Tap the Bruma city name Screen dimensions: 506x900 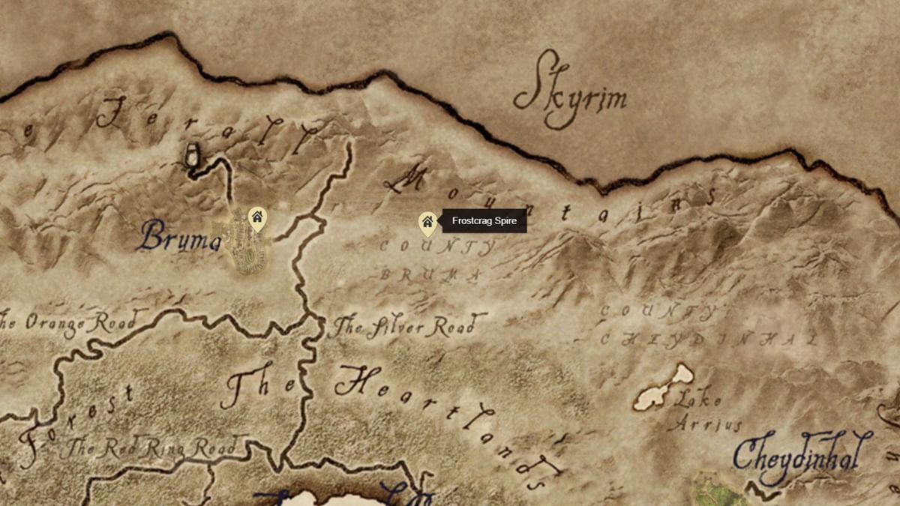pos(178,238)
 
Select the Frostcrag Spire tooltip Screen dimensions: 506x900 pos(484,221)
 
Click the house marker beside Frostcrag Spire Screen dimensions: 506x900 pos(427,222)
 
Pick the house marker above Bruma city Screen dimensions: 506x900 pos(257,218)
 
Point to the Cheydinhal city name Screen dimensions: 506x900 pos(802,454)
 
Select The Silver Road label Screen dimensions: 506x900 pos(403,328)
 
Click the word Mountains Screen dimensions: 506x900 pos(547,196)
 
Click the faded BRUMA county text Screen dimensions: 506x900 pos(429,275)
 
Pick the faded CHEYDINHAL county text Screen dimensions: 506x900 pos(709,340)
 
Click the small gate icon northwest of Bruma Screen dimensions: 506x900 pos(193,155)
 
